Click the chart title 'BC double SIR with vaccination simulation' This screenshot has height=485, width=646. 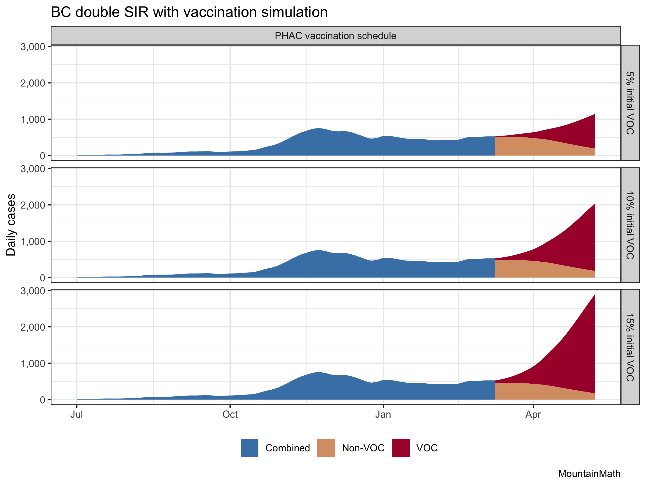click(189, 12)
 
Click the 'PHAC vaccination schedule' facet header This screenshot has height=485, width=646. click(335, 36)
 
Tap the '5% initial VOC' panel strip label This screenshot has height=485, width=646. click(630, 103)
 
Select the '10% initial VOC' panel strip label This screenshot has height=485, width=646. click(630, 225)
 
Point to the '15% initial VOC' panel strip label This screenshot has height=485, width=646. click(630, 347)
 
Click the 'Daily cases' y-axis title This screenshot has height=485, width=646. click(11, 225)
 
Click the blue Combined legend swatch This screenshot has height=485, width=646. click(250, 448)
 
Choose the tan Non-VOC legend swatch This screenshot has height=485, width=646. click(326, 448)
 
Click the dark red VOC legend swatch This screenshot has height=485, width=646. click(401, 448)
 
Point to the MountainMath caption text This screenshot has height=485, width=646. click(589, 473)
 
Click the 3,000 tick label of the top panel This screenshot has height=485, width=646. click(33, 47)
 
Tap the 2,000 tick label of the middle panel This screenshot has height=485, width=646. click(33, 205)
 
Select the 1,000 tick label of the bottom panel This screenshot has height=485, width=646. click(33, 363)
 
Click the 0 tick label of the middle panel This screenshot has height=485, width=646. click(42, 278)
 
